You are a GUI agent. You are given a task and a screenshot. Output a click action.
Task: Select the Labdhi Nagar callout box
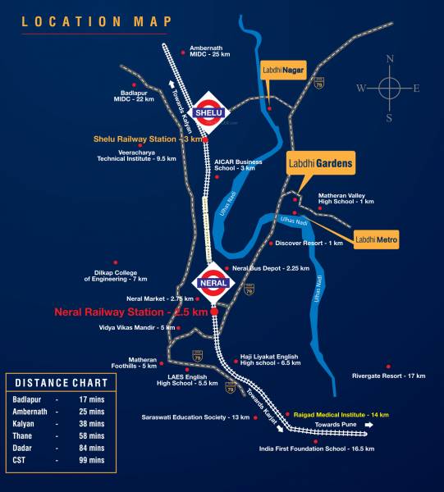282,71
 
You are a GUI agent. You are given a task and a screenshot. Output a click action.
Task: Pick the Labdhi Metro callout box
377,239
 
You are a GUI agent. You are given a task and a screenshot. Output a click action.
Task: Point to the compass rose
389,87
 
